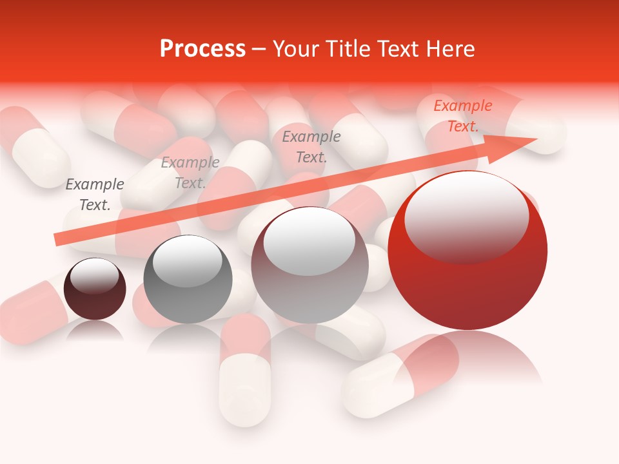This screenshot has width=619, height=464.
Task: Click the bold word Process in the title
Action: coord(202,48)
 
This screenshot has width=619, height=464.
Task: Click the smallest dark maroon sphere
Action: coord(95,289)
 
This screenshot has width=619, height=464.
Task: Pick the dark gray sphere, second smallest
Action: coord(188,280)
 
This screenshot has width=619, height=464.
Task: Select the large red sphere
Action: coord(467,251)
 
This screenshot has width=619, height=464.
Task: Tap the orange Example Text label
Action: coord(463,116)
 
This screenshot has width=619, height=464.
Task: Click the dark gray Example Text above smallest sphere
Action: coord(95,195)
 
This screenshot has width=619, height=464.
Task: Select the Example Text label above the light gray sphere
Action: coord(311,146)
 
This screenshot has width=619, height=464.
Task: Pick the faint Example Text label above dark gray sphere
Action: coord(190,173)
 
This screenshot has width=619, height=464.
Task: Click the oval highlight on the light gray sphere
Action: coord(309,242)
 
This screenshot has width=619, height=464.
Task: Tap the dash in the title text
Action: coord(259,48)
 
